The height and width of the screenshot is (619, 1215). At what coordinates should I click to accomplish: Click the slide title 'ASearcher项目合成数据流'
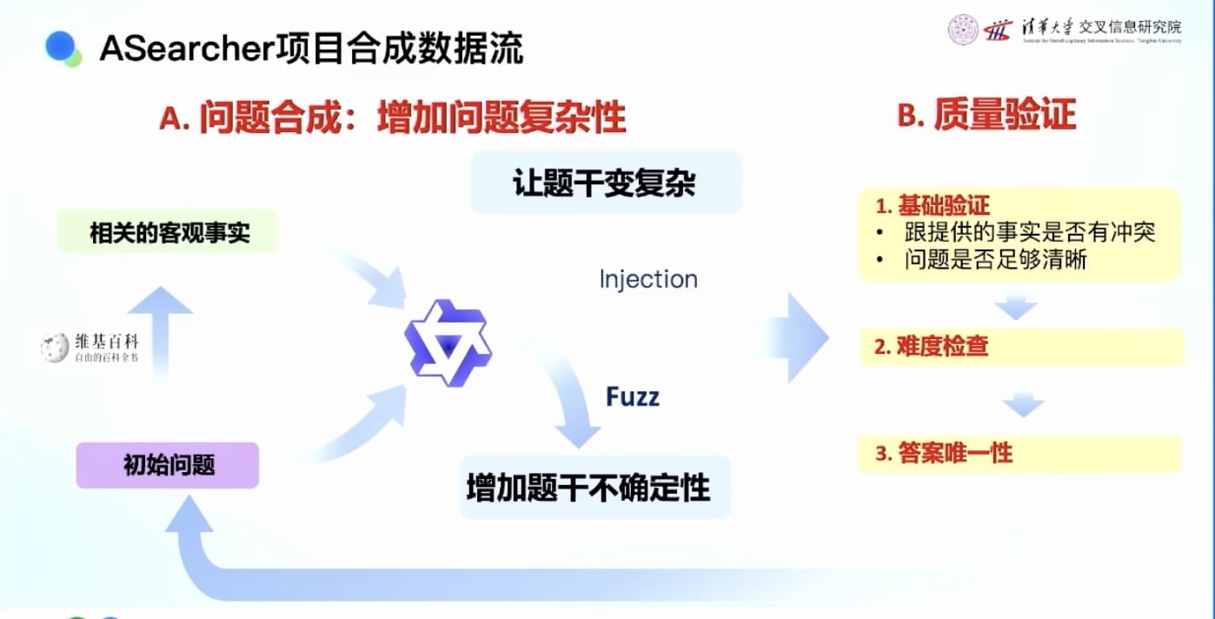pos(311,49)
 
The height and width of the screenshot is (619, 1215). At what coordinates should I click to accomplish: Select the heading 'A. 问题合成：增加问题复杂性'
pos(393,117)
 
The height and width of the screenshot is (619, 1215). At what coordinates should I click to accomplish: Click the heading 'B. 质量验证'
pos(986,115)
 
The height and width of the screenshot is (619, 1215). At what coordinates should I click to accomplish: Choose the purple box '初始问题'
pos(169,465)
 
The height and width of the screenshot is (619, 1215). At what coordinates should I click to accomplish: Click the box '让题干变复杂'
pos(605,183)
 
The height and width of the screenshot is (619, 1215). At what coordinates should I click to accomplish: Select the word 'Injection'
pos(648,279)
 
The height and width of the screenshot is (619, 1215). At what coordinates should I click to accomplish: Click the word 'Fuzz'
pos(633,397)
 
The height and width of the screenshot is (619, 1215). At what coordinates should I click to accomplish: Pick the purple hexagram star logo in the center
pos(448,343)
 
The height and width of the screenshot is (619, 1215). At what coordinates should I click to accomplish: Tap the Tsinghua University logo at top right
pos(1064,30)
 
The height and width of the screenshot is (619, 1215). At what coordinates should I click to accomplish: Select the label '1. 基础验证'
pos(933,207)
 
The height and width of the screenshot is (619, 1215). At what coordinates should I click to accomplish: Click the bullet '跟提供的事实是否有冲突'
pos(1028,232)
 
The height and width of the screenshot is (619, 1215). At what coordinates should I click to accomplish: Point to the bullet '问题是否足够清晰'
pos(994,259)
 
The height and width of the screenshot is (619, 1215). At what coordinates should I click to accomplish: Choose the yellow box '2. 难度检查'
pos(1020,347)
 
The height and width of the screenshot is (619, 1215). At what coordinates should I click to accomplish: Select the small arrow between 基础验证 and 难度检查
pos(1015,307)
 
